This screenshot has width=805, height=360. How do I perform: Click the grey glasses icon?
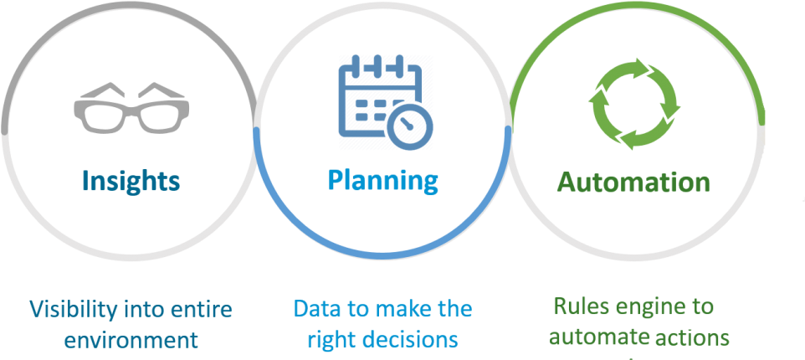click(131, 107)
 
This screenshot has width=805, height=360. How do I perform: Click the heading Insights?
click(131, 181)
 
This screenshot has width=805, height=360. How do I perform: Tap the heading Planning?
click(382, 181)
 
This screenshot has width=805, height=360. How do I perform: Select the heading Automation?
click(633, 182)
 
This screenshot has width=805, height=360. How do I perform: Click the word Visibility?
click(70, 310)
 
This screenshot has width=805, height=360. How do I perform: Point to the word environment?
click(131, 340)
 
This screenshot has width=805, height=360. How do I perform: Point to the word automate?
click(598, 338)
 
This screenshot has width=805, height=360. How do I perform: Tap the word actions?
click(692, 338)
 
